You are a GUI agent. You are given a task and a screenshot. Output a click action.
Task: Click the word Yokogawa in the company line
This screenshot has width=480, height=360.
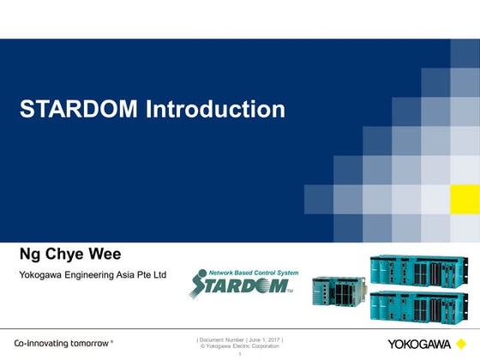(x=42, y=275)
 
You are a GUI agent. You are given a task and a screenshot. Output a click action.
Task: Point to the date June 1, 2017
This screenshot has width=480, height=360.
(x=264, y=339)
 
